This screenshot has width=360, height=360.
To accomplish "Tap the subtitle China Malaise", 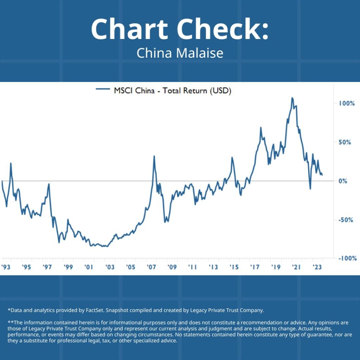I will click(180, 53).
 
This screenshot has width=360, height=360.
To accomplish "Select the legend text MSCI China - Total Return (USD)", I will click(172, 91).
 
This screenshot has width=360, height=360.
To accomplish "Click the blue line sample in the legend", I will click(103, 90).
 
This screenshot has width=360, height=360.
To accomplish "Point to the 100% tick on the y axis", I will click(347, 103).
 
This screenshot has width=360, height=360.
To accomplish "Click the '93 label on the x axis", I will click(6, 267).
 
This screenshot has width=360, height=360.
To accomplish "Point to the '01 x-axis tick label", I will click(89, 267).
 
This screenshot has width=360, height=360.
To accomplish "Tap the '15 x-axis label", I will click(234, 267).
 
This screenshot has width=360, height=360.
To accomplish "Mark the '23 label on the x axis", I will click(317, 267).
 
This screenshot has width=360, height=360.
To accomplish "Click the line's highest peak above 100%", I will click(292, 98).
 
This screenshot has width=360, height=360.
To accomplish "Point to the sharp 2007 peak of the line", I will click(154, 156).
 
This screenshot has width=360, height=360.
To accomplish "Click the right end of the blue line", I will click(322, 175).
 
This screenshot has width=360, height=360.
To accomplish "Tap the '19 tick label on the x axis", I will click(276, 267).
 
